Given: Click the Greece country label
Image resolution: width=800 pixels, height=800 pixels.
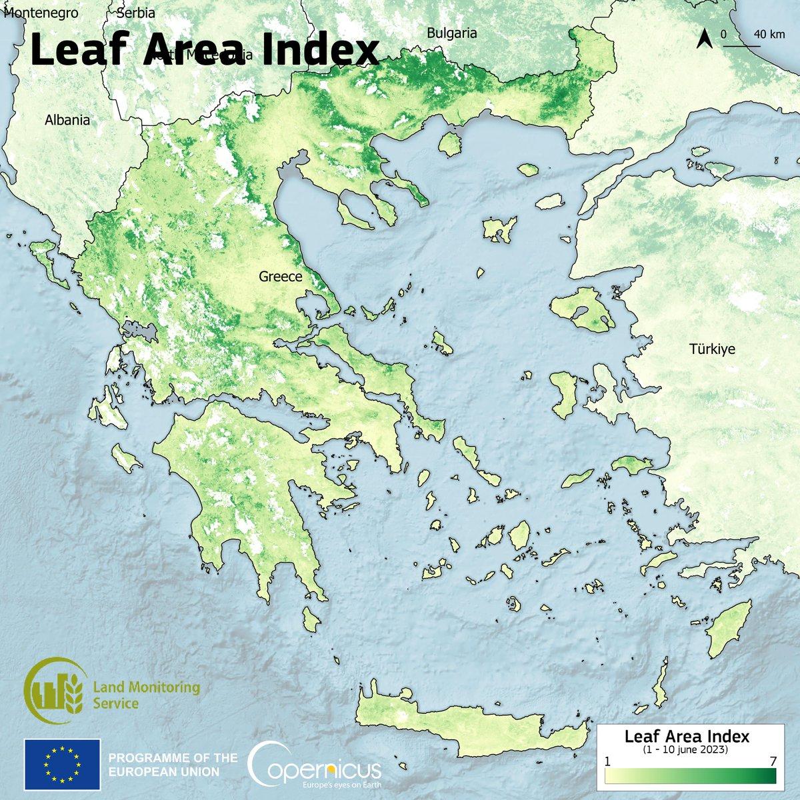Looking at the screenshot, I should tap(282, 277).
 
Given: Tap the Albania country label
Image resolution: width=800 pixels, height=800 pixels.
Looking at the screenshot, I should tap(67, 121).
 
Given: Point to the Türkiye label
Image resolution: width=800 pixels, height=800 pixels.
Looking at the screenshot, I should tap(712, 348).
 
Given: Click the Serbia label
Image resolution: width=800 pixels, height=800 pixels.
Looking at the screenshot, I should tap(135, 13).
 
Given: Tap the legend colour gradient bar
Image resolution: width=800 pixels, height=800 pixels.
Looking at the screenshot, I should tap(691, 777).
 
